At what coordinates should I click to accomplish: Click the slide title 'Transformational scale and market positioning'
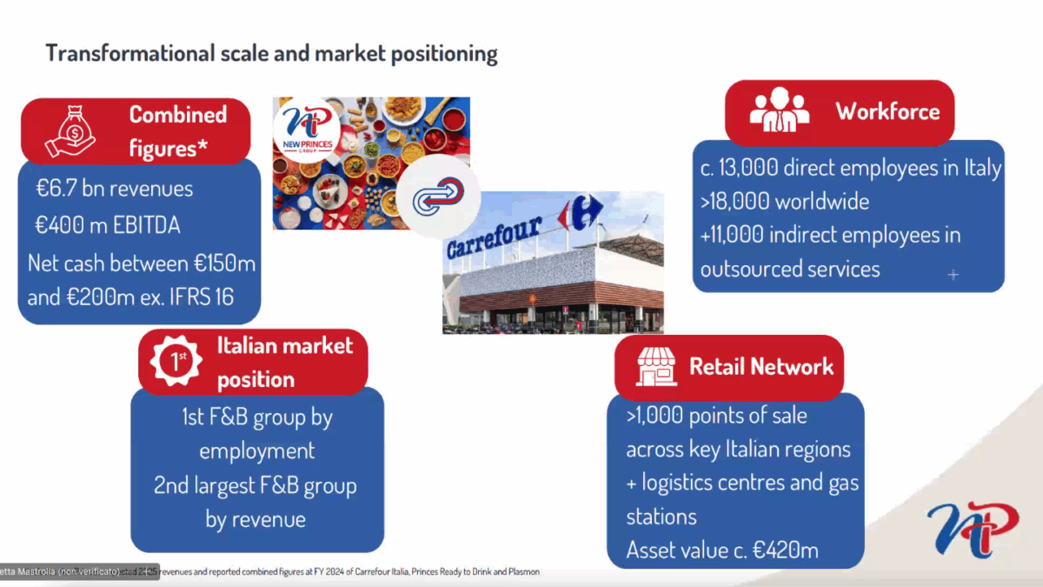[271, 53]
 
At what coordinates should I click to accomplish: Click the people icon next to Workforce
[779, 111]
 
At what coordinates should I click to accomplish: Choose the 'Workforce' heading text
[887, 111]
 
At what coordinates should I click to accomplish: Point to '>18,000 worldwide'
[784, 201]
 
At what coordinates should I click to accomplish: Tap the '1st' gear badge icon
[177, 362]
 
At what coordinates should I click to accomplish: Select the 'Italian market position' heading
[284, 362]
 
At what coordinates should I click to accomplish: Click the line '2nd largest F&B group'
[256, 485]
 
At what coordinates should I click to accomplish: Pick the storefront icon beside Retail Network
[656, 367]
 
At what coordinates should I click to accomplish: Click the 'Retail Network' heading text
[761, 366]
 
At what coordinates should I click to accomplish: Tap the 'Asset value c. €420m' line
[721, 550]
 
